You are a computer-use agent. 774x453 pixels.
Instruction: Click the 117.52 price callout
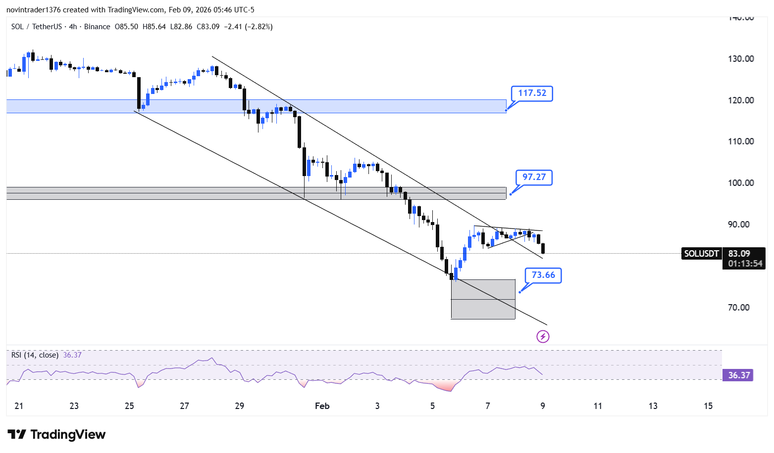(532, 93)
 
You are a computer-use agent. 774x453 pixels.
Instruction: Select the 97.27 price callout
(534, 178)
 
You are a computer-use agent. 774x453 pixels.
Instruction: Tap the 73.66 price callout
(543, 275)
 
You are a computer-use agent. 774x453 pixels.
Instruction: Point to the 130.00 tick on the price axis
(741, 59)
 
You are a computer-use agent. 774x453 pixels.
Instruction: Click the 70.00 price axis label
(738, 308)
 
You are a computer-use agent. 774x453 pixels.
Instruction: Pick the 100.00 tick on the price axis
(741, 183)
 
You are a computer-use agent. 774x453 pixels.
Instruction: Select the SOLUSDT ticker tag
(701, 254)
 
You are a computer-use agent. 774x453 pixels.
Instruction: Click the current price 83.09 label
(739, 254)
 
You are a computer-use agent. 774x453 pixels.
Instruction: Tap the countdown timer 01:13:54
(745, 264)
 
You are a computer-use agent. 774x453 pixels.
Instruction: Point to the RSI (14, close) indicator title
(35, 355)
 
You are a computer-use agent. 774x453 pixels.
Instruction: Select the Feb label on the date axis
(322, 406)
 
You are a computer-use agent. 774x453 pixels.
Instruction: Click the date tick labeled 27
(184, 406)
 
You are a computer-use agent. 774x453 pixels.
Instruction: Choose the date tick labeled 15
(708, 406)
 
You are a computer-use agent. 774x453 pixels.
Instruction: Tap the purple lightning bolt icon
(543, 336)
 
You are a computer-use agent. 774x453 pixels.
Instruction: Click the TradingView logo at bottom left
(56, 434)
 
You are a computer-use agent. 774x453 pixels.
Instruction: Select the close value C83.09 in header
(208, 27)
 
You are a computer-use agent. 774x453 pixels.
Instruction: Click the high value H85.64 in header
(154, 27)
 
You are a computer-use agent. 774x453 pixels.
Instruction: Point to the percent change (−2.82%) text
(259, 27)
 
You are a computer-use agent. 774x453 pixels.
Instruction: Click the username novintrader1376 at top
(34, 10)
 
